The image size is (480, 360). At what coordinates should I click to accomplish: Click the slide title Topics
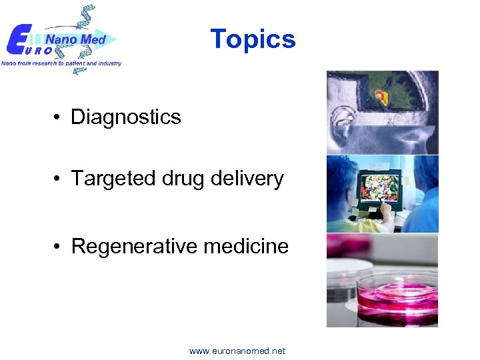point(253,39)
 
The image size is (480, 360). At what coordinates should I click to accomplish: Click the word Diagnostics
point(126,117)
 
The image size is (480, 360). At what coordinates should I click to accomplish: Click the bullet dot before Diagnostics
point(59,118)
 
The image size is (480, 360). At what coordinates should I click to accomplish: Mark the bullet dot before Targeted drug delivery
point(59,179)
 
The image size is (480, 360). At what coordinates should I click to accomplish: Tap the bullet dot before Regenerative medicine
point(59,247)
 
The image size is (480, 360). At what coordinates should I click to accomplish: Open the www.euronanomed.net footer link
point(237,351)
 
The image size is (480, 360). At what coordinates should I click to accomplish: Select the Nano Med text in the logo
point(75,40)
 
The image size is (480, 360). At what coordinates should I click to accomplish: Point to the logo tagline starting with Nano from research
point(61,63)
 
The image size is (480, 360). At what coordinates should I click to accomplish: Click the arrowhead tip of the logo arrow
point(116,39)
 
